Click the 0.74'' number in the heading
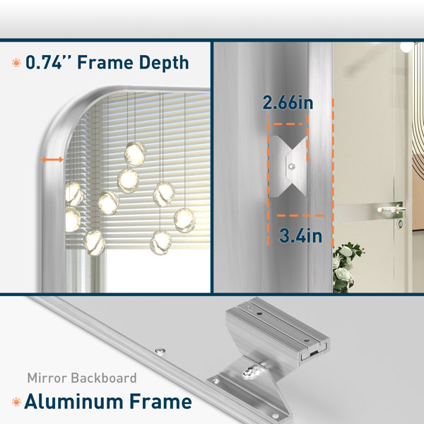(43, 62)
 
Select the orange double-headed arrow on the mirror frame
(52, 160)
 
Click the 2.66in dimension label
(288, 102)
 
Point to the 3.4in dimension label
(301, 235)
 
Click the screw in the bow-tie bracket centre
(291, 166)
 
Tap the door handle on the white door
(391, 208)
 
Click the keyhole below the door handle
(400, 223)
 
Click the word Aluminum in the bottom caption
(73, 401)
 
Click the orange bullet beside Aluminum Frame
(16, 402)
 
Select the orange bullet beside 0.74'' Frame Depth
(16, 63)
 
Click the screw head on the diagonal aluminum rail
(160, 351)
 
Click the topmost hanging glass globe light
(135, 153)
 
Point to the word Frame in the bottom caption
(160, 401)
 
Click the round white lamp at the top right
(406, 47)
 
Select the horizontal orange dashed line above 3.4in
(300, 216)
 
